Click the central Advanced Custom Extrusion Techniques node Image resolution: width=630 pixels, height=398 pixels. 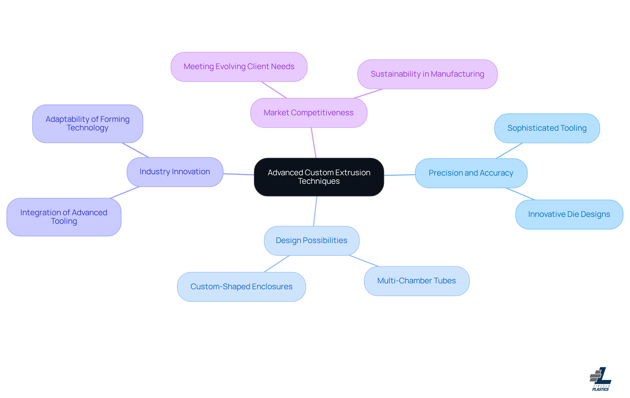(319, 177)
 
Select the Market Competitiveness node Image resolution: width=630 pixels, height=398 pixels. (308, 113)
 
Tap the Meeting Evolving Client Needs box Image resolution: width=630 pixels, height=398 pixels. (239, 66)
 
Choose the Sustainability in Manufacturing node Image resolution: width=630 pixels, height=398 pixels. (427, 74)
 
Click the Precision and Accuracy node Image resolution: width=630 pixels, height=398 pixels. (471, 173)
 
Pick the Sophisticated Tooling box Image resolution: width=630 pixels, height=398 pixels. (547, 128)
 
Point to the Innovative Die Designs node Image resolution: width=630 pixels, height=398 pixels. (569, 214)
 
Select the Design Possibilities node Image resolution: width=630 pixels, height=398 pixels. (311, 240)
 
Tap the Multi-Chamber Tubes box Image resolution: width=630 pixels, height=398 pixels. (416, 281)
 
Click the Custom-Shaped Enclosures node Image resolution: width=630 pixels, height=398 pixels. (241, 287)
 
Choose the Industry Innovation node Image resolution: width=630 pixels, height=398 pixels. (175, 172)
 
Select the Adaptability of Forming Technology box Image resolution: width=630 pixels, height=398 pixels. (87, 123)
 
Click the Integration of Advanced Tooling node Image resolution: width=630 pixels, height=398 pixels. (64, 217)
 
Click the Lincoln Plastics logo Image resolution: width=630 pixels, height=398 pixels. (600, 379)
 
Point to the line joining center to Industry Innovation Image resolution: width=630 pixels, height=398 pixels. (239, 174)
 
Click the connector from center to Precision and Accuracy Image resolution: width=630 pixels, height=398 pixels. (399, 175)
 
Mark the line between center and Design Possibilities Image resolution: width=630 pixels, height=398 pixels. (315, 211)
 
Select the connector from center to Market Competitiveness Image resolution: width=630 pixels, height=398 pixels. (314, 143)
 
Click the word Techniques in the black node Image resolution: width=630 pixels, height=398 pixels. (319, 181)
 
